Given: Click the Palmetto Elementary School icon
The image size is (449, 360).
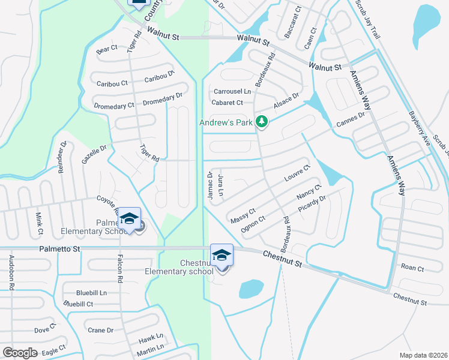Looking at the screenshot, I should click(x=129, y=219).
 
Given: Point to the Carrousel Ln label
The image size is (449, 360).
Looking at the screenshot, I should click(x=232, y=91).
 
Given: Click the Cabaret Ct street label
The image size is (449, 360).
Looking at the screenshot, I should click(x=227, y=103).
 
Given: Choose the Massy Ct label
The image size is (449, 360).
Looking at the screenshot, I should click(x=243, y=216).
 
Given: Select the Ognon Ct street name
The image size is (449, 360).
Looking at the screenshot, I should click(x=253, y=223).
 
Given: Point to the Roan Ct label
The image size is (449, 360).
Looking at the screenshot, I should click(x=412, y=268).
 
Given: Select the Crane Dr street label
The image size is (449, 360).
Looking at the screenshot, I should click(x=100, y=330).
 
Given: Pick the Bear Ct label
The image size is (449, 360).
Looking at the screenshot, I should click(x=107, y=49).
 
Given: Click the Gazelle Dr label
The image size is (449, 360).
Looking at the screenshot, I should click(x=95, y=156).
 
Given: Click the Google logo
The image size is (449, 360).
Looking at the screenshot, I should click(x=20, y=353).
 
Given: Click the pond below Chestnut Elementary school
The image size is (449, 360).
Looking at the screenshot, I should click(x=252, y=289).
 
